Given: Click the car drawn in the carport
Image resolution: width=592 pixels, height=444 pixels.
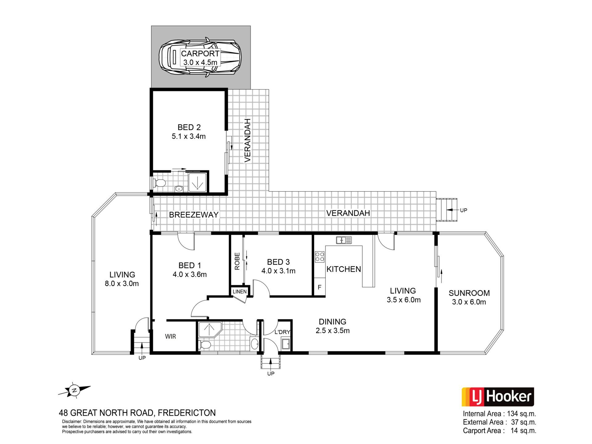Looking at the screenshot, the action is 200,58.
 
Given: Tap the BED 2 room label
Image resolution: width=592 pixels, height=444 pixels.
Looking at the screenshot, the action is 189,127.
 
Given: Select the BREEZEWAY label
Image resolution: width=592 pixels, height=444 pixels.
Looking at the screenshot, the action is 194,215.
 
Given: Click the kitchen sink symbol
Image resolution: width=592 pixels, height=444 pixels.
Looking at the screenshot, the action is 344,240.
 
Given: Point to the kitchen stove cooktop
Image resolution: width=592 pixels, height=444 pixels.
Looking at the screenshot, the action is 319,257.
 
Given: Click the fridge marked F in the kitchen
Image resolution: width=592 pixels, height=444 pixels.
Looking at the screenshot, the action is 319,287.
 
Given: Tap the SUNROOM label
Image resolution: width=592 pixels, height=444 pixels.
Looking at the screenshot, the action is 469,293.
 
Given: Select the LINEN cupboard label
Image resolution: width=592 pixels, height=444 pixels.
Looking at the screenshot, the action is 240,291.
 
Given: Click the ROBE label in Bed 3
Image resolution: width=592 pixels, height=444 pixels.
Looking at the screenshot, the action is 237,261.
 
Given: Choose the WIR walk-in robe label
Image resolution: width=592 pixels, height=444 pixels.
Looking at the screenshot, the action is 170,336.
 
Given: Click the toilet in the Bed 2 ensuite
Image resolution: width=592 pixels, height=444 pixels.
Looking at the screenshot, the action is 159,183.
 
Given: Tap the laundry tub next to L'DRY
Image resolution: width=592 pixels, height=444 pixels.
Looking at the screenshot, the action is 286,343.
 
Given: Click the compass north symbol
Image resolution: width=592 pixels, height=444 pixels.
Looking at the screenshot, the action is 74,390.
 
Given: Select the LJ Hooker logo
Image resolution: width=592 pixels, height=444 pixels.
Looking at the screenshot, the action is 497,397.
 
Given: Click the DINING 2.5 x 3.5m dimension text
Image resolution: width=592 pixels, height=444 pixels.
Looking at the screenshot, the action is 332,331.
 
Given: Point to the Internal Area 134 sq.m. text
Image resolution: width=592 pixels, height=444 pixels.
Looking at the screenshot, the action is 499,413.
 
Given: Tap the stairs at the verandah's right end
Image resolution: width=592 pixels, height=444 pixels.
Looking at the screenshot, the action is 446,210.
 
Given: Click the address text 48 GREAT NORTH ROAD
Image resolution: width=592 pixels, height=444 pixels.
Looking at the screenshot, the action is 106,413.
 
